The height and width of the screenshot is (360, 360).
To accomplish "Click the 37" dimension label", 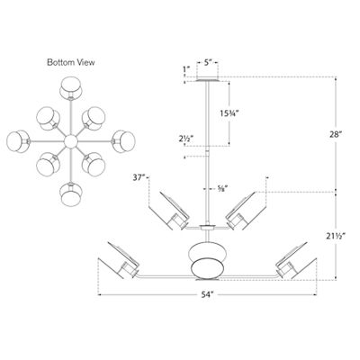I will pos(139,179).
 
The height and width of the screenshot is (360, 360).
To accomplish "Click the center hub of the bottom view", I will pos(69,141).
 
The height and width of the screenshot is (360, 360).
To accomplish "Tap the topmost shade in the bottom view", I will pos(69,89).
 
